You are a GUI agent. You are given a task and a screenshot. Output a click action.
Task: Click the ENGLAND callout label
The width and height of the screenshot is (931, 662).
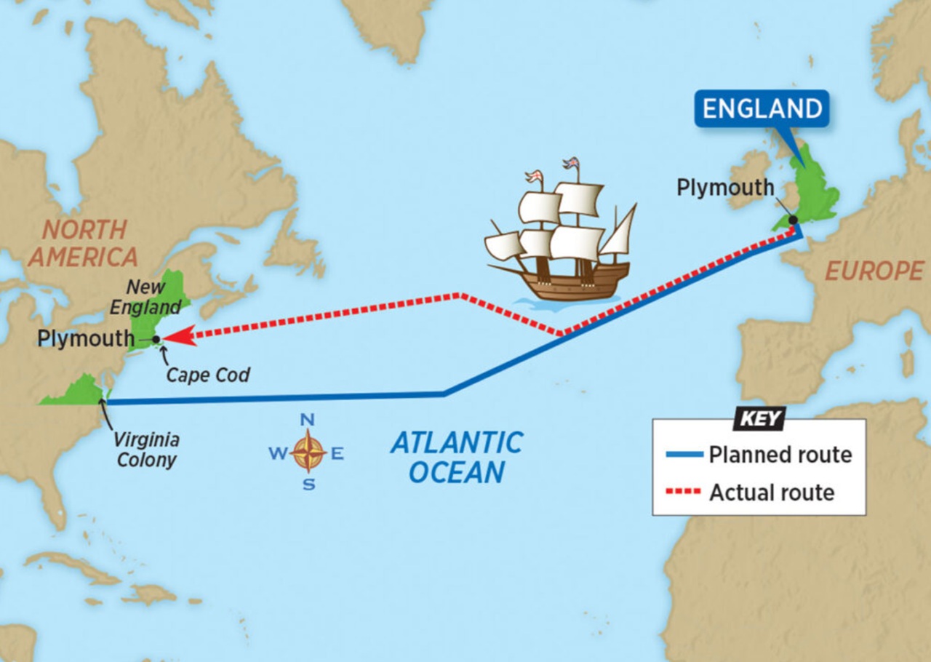(762, 109)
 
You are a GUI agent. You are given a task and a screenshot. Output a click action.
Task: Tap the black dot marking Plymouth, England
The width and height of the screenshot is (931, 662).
(793, 219)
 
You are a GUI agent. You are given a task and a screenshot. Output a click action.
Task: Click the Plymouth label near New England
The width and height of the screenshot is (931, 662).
(86, 338)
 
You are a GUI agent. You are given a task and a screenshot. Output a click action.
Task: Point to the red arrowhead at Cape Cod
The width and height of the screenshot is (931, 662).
(175, 335)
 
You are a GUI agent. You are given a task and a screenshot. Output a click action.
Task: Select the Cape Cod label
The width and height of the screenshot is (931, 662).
(207, 375)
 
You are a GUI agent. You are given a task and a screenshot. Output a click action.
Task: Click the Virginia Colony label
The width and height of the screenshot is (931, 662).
(146, 450)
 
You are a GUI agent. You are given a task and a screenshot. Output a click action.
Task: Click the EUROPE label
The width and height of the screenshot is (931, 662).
(874, 271)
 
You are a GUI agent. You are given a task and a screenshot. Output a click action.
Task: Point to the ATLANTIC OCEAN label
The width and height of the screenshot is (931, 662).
(456, 457)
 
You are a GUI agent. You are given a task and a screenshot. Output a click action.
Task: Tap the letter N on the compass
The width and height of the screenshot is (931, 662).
(308, 420)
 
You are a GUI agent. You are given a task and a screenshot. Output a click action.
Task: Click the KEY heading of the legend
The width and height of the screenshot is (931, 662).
(759, 419)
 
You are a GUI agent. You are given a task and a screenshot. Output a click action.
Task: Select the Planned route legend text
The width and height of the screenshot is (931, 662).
(780, 455)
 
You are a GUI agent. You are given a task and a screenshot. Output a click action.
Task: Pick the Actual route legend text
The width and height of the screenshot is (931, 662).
(772, 492)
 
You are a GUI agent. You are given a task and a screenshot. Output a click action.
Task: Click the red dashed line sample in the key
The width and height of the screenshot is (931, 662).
(684, 492)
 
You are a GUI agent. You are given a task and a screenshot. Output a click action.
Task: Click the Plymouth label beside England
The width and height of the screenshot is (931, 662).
(725, 188)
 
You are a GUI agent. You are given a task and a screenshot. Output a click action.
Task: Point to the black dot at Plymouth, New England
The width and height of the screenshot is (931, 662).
(156, 339)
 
